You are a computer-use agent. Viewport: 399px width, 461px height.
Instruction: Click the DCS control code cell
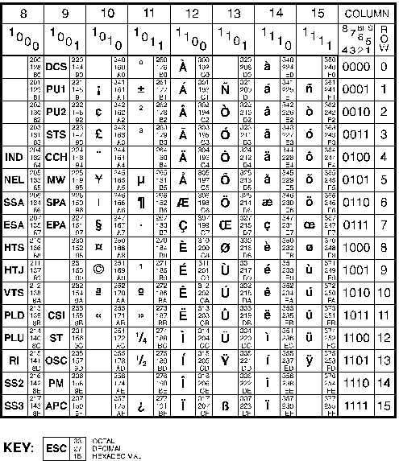pyautogui.click(x=56, y=67)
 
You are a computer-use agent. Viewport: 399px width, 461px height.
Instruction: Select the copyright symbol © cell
pyautogui.click(x=98, y=268)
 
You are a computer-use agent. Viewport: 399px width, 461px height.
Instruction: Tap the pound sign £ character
pyautogui.click(x=98, y=134)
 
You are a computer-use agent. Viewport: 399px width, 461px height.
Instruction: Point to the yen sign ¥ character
pyautogui.click(x=98, y=179)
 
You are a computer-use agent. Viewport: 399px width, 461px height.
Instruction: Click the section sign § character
pyautogui.click(x=98, y=224)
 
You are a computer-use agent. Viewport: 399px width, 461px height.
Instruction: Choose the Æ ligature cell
pyautogui.click(x=183, y=201)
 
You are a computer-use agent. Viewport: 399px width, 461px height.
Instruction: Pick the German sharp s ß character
pyautogui.click(x=226, y=401)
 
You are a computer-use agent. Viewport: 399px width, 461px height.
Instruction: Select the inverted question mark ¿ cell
pyautogui.click(x=141, y=401)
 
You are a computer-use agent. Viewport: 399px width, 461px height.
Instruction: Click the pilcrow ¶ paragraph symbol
pyautogui.click(x=141, y=201)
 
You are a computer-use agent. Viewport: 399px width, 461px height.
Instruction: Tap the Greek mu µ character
pyautogui.click(x=141, y=179)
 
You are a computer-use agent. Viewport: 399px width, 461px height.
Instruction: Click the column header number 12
pyautogui.click(x=192, y=14)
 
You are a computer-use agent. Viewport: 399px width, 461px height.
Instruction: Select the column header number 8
pyautogui.click(x=23, y=14)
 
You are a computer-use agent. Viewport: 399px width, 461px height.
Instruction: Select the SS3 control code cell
pyautogui.click(x=14, y=401)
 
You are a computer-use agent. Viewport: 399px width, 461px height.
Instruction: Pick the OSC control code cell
pyautogui.click(x=56, y=357)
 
